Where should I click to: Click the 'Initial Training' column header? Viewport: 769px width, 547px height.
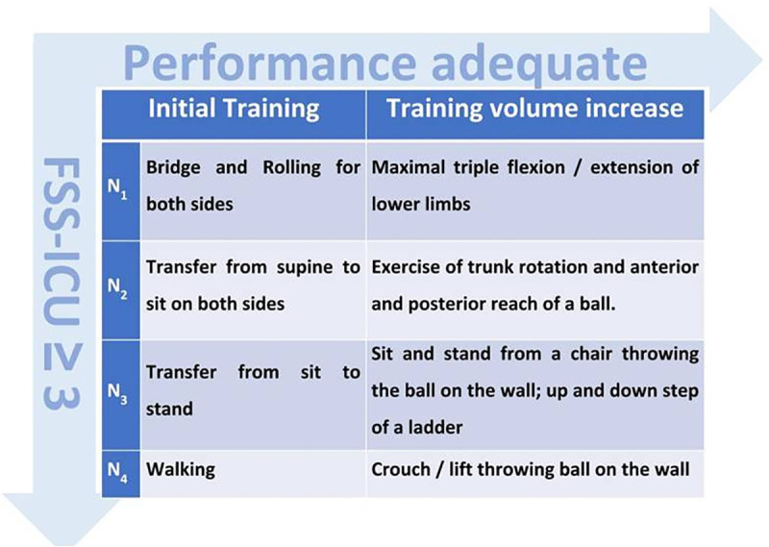234,109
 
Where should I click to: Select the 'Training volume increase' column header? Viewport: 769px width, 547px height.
534,109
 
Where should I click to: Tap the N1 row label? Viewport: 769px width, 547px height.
117,188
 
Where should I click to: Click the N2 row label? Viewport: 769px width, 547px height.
117,288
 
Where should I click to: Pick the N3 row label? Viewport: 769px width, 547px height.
117,393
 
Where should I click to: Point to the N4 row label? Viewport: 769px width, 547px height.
117,472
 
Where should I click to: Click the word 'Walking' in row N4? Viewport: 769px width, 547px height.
181,470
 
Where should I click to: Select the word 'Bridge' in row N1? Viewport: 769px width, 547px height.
173,168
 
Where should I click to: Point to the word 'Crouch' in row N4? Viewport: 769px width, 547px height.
400,469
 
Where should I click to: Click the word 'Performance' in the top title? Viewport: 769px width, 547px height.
269,63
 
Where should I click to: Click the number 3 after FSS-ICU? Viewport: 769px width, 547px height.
62,394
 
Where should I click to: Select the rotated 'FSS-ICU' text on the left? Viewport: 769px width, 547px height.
62,241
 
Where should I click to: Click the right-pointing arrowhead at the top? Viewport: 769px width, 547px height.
735,59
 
